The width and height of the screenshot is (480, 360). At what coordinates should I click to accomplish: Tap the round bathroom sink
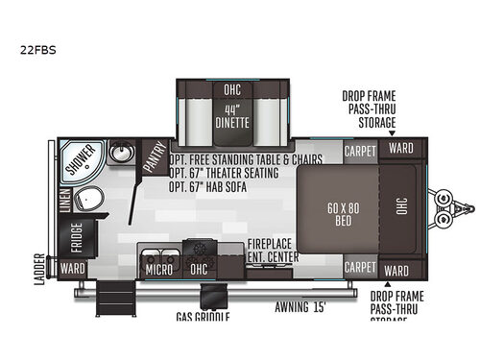(121, 153)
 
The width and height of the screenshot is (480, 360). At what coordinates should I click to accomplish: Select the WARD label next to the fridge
(73, 269)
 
